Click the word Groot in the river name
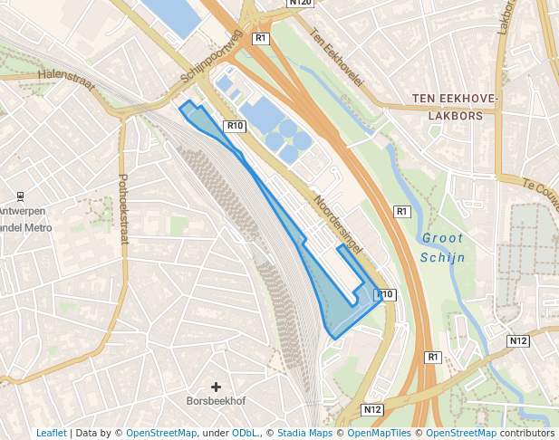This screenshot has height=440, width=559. [442, 239]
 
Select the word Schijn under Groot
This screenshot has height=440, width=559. [442, 257]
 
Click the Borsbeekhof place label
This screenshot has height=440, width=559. [216, 401]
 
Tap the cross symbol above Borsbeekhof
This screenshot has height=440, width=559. [216, 387]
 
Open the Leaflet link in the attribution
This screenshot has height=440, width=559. [52, 433]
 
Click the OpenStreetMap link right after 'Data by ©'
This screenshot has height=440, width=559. [160, 433]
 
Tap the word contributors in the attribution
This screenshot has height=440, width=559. [526, 433]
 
